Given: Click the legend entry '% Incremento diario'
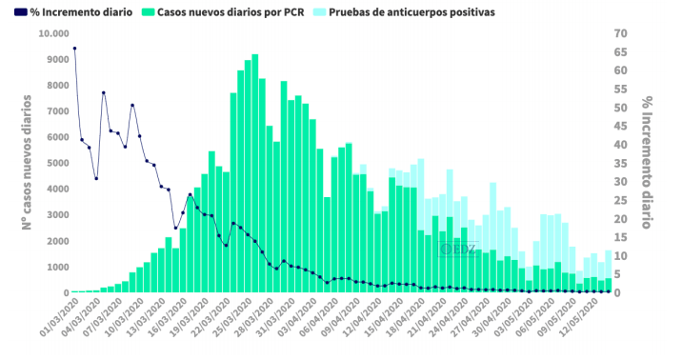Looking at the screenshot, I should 71,11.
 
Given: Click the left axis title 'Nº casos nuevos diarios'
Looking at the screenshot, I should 27,162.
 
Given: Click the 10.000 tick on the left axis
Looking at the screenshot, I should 52,33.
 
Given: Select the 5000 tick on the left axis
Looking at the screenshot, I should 56,163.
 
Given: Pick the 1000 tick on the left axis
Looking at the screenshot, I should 56,268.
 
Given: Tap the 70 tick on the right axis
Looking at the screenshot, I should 620,33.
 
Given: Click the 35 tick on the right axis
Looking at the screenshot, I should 620,163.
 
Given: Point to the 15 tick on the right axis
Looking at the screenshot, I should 620,237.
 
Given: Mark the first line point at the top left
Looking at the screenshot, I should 74,48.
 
